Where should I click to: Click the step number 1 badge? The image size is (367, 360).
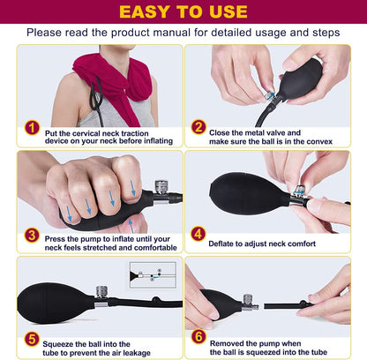coord(32,128)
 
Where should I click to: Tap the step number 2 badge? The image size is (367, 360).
coord(198,127)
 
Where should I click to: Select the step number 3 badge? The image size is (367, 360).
coord(32,236)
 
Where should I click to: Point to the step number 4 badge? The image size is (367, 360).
coord(198,234)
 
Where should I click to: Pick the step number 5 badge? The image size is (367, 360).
coord(32,339)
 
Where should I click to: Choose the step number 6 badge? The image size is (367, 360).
coord(198,337)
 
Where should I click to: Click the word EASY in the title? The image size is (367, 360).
coord(145,11)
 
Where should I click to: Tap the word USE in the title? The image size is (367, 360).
coord(228,11)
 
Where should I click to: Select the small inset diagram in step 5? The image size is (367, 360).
coord(153,275)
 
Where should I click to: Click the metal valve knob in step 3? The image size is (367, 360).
coord(161,187)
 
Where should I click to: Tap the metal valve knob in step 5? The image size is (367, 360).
coord(101,292)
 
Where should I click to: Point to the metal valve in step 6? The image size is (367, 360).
coord(249,303)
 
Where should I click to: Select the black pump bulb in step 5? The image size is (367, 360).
coord(56,304)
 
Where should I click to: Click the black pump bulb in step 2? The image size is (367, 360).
coord(300,79)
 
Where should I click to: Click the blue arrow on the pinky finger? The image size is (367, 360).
coord(133,188)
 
